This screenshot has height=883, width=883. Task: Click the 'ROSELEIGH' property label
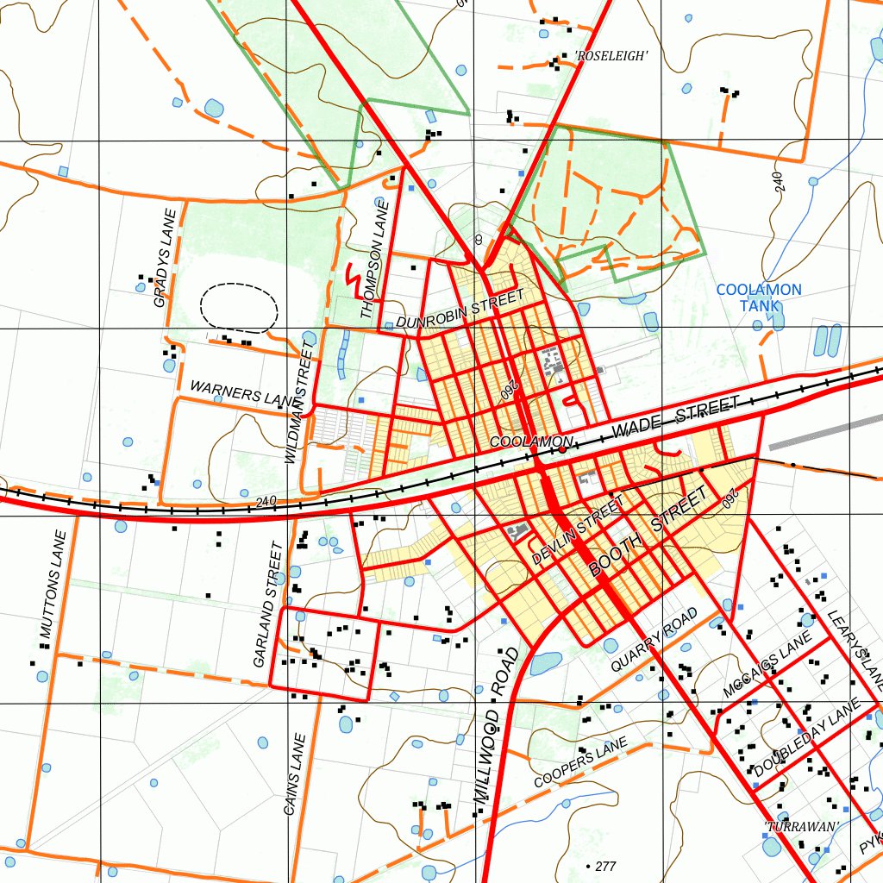tap(611, 56)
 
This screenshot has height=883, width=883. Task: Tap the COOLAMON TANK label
tap(759, 297)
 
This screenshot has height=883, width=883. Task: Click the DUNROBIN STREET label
tap(460, 310)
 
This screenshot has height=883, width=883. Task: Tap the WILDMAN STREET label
tap(298, 402)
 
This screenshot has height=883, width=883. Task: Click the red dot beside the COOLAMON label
tap(562, 449)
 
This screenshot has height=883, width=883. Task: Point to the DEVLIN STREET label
tap(577, 529)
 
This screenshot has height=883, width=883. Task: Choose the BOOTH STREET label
tap(653, 531)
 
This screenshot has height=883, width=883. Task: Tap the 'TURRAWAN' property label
tap(802, 826)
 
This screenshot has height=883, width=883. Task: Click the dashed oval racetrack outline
tap(239, 306)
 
